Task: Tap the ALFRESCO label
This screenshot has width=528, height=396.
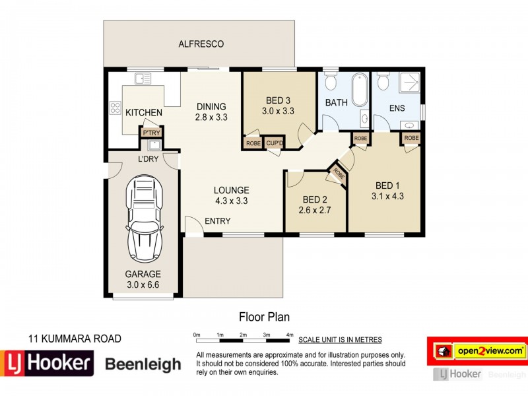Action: click(201, 44)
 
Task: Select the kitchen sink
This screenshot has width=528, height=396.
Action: click(143, 79)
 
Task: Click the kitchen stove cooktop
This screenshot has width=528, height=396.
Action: click(115, 107)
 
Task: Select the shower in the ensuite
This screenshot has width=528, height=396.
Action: click(407, 83)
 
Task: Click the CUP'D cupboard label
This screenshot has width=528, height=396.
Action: click(274, 143)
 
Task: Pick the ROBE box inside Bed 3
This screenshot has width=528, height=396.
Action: click(253, 143)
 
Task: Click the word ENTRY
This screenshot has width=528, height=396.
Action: click(217, 221)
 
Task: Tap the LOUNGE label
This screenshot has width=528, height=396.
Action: click(230, 190)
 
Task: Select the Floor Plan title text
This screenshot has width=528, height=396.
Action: click(263, 317)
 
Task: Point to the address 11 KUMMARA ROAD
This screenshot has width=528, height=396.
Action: click(75, 339)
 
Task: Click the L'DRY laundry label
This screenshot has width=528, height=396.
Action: click(147, 160)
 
